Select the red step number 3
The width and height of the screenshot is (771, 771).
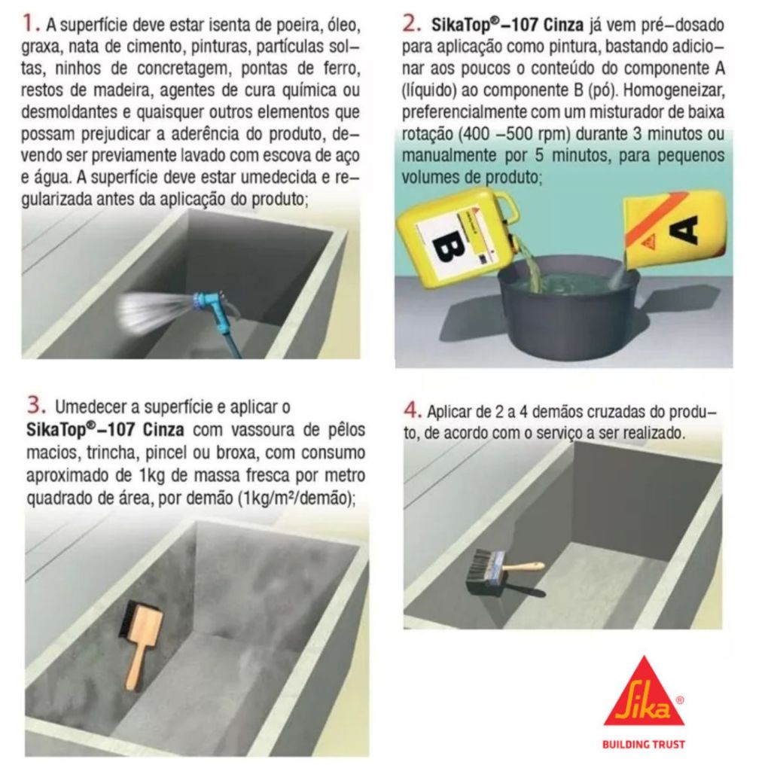point(36,406)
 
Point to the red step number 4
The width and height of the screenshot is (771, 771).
point(413,410)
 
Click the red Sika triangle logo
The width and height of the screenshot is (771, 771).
point(644,693)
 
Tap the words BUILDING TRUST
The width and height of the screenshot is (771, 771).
point(644,744)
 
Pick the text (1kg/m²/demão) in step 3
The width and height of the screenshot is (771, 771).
point(296,498)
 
